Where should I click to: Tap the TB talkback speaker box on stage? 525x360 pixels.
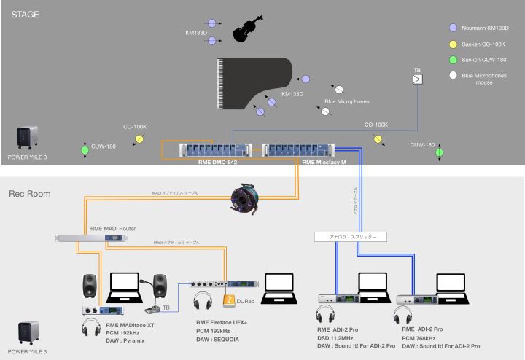point(417,80)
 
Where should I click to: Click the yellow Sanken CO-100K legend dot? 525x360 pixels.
point(454,44)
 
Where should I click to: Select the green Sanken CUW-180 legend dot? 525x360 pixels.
point(454,60)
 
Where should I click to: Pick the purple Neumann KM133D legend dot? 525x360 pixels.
point(454,28)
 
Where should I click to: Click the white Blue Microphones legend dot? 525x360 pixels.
point(454,75)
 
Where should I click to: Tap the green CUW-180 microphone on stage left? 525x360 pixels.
point(84,151)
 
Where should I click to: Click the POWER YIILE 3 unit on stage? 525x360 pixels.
point(28,137)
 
